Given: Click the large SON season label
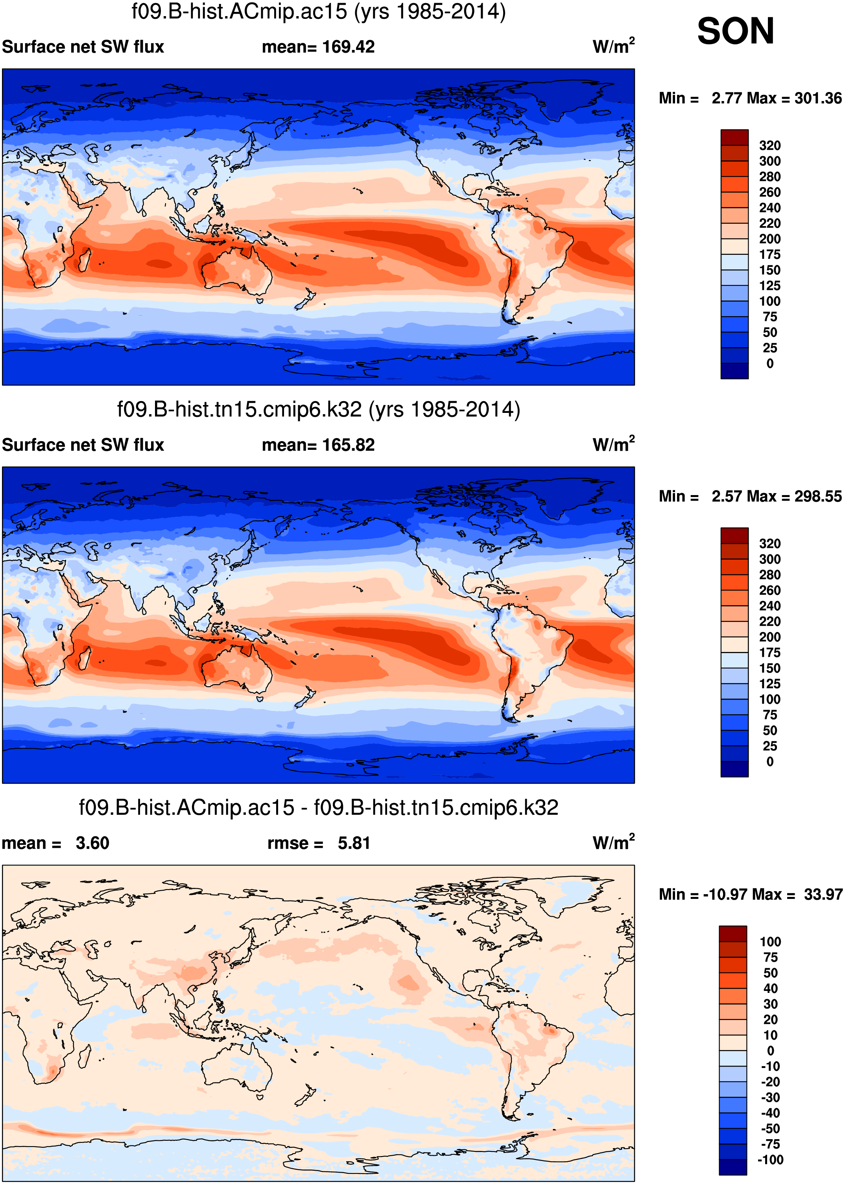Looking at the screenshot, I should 735,31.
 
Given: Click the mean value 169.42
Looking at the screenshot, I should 348,47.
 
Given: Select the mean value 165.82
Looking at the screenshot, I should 348,445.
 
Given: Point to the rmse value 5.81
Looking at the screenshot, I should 354,843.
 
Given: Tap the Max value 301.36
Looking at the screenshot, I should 817,98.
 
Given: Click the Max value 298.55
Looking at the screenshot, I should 817,497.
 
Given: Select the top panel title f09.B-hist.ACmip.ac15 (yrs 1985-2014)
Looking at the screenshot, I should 318,11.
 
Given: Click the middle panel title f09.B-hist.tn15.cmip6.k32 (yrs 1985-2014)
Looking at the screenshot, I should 318,410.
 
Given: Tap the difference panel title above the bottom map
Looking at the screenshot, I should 318,808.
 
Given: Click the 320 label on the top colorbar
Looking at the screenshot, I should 769,145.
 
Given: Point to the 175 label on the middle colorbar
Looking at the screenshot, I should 769,653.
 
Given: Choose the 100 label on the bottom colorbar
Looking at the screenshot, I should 770,942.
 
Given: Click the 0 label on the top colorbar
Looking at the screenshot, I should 769,363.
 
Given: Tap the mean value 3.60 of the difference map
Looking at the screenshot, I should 92,843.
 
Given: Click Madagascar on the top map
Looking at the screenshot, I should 84,260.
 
